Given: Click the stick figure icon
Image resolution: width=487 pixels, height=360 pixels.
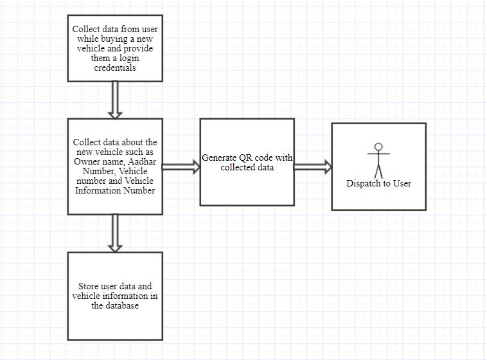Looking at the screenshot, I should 378,161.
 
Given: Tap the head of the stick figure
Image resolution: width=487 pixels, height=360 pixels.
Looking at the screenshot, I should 378,147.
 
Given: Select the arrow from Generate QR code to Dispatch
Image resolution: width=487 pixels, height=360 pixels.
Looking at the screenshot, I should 313,167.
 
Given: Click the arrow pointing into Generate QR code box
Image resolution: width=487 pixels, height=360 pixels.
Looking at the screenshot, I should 181,167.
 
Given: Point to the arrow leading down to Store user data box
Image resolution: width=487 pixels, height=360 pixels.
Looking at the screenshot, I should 115,233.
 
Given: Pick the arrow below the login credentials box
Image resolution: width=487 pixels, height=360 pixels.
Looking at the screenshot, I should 115,100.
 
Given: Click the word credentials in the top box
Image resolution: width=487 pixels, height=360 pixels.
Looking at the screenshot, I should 115,67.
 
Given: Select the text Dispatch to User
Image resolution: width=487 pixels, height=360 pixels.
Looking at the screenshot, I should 378,183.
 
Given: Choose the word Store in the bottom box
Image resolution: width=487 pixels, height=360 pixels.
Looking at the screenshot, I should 89,286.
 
